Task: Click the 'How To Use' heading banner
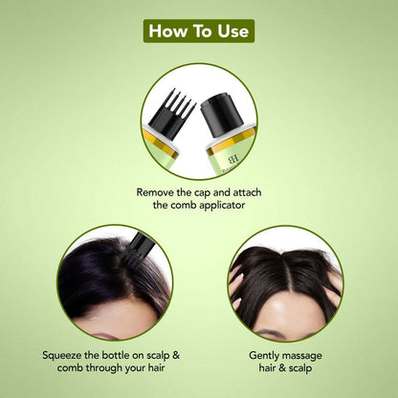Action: [199, 31]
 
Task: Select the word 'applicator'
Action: [222, 206]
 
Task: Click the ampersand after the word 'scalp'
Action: [176, 355]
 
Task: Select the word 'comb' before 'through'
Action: [71, 367]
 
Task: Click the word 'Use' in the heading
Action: [233, 31]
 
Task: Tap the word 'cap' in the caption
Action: [203, 193]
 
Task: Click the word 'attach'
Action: [247, 192]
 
